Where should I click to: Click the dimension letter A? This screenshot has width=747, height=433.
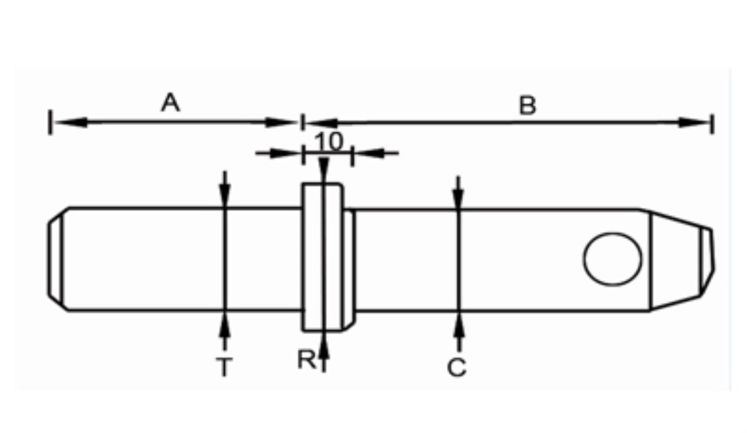pyautogui.click(x=170, y=102)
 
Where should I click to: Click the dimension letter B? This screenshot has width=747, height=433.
pyautogui.click(x=528, y=106)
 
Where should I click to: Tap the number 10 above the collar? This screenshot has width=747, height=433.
pyautogui.click(x=329, y=141)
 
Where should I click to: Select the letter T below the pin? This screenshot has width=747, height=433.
pyautogui.click(x=224, y=366)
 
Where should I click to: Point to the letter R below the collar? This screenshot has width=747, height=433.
pyautogui.click(x=306, y=359)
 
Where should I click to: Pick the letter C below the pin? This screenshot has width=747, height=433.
pyautogui.click(x=456, y=367)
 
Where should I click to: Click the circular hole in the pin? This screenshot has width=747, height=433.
pyautogui.click(x=612, y=259)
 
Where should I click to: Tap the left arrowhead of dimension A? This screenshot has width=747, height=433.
pyautogui.click(x=71, y=123)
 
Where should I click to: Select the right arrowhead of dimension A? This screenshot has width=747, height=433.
pyautogui.click(x=280, y=123)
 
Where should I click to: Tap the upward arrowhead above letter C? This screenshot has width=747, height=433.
pyautogui.click(x=459, y=325)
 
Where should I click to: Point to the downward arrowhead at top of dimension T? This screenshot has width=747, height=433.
pyautogui.click(x=225, y=195)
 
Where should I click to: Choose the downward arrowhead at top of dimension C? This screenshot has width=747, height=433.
pyautogui.click(x=458, y=199)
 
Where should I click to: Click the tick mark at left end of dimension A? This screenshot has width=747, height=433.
pyautogui.click(x=50, y=122)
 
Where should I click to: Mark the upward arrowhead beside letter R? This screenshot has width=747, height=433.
pyautogui.click(x=324, y=347)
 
